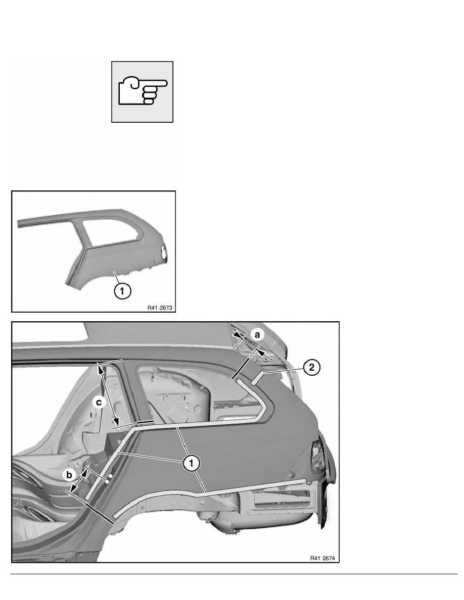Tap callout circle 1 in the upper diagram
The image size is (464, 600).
[122, 291]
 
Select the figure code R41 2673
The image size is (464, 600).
[160, 308]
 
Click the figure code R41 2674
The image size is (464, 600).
[322, 558]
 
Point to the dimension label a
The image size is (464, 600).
[258, 335]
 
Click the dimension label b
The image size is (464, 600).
[69, 475]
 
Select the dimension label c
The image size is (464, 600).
[99, 402]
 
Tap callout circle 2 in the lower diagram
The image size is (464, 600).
[312, 367]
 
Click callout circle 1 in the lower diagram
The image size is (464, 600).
[191, 464]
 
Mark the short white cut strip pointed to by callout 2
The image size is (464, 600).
[257, 377]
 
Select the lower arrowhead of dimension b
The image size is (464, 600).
[72, 488]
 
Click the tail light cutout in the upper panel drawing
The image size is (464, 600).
[164, 254]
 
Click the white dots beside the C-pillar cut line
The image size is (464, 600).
[108, 479]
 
